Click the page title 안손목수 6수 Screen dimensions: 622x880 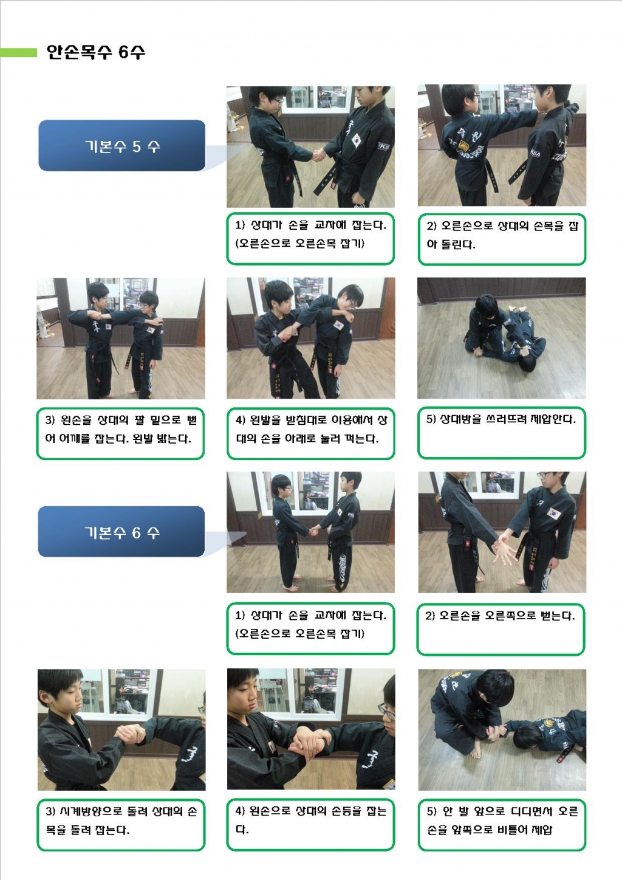(x=96, y=52)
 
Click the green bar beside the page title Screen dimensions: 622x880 (x=18, y=52)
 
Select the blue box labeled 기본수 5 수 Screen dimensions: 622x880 (x=121, y=145)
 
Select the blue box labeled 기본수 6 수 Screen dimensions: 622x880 (x=121, y=532)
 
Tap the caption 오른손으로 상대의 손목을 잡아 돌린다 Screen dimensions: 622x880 (x=502, y=235)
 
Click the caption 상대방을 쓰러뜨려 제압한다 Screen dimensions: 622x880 (x=501, y=419)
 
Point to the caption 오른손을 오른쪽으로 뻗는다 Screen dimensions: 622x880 (x=500, y=615)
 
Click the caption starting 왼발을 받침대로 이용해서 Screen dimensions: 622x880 (x=311, y=429)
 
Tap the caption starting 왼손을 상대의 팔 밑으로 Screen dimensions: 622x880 (x=120, y=429)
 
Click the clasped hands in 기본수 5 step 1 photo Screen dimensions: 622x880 (x=319, y=155)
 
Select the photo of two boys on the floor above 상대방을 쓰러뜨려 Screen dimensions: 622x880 (x=502, y=339)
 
